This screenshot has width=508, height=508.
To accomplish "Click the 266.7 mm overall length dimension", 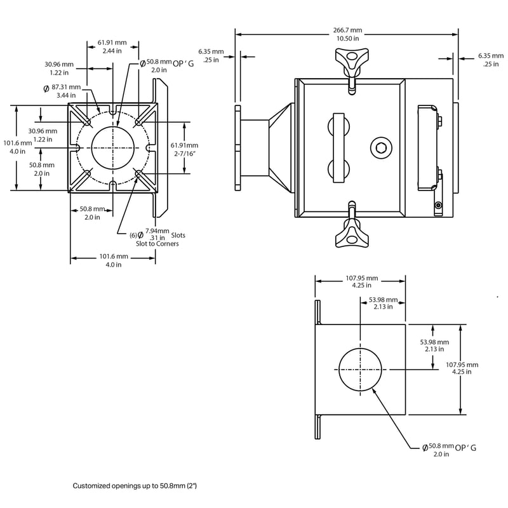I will [x=347, y=30].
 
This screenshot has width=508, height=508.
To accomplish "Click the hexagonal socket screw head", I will [x=381, y=149].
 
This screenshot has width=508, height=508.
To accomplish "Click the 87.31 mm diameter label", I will [x=66, y=87].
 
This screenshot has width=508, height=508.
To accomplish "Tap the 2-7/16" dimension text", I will [x=184, y=153].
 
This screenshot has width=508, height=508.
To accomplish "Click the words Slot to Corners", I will [x=153, y=243].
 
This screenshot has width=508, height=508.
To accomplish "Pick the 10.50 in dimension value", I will [x=347, y=38].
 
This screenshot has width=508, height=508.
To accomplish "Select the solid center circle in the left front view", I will [x=113, y=148].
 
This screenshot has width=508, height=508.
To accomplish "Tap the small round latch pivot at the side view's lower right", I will [x=438, y=204].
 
